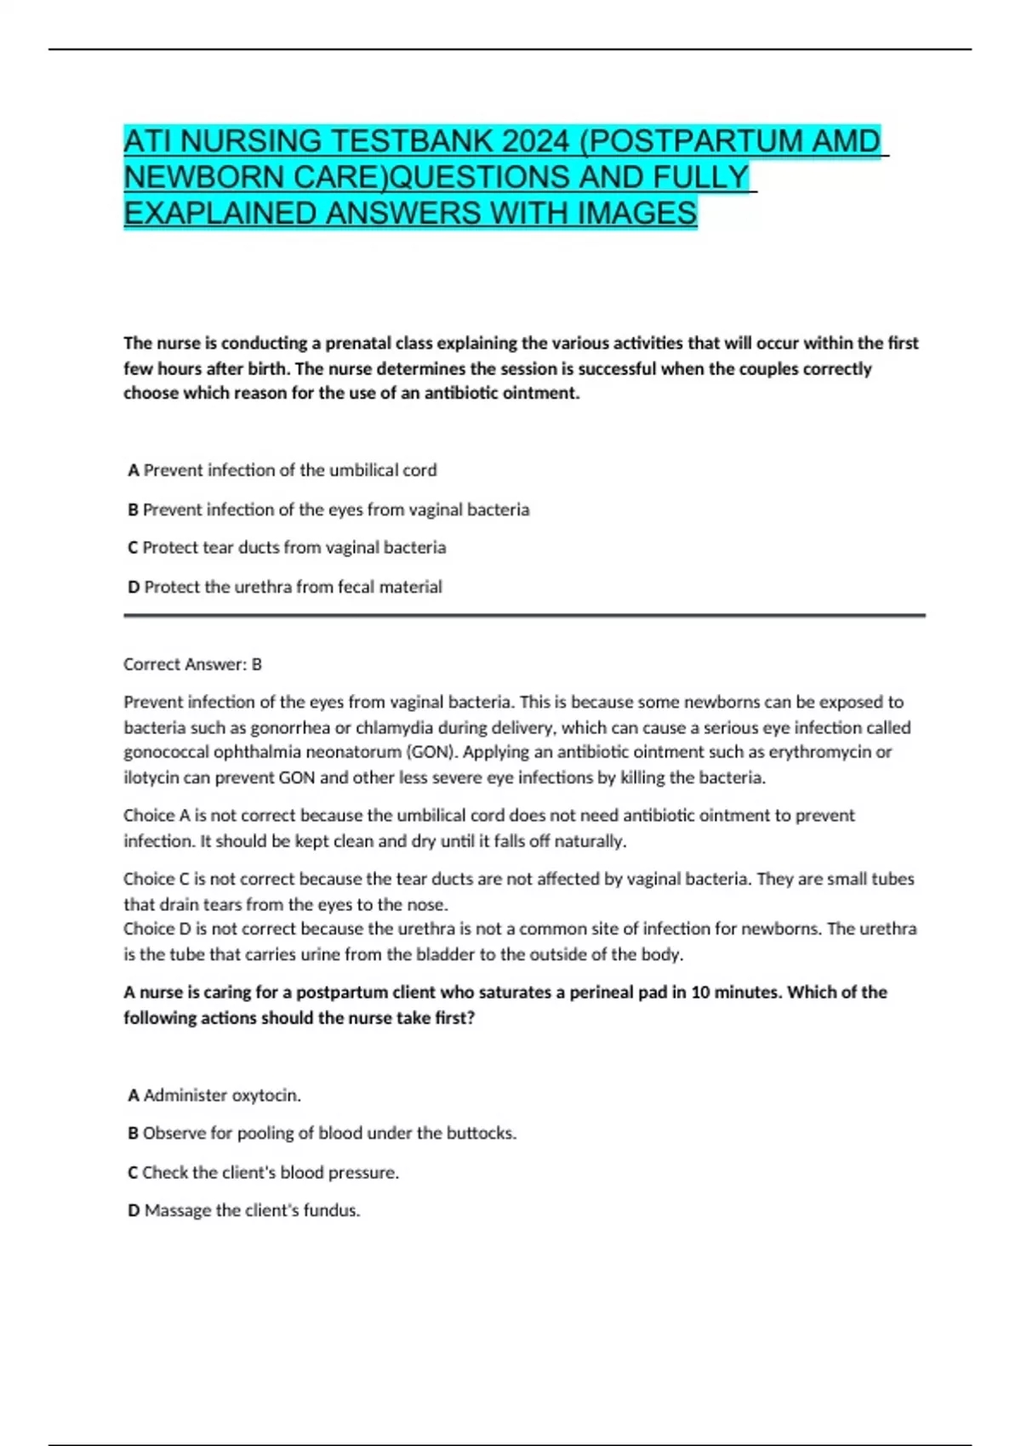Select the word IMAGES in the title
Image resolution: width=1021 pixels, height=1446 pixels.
coord(637,213)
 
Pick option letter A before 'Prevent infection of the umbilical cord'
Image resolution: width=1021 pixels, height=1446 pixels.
coord(134,470)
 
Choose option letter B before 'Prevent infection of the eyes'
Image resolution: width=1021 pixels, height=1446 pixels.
coord(134,510)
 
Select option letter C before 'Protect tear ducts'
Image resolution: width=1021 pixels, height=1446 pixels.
coord(134,548)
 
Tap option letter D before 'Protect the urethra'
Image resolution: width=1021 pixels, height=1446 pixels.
coord(134,587)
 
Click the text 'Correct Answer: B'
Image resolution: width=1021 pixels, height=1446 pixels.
coord(192,664)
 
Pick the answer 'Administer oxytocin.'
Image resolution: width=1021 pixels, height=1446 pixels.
coord(222,1096)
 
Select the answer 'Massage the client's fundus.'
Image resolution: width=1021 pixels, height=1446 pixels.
coord(252,1210)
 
